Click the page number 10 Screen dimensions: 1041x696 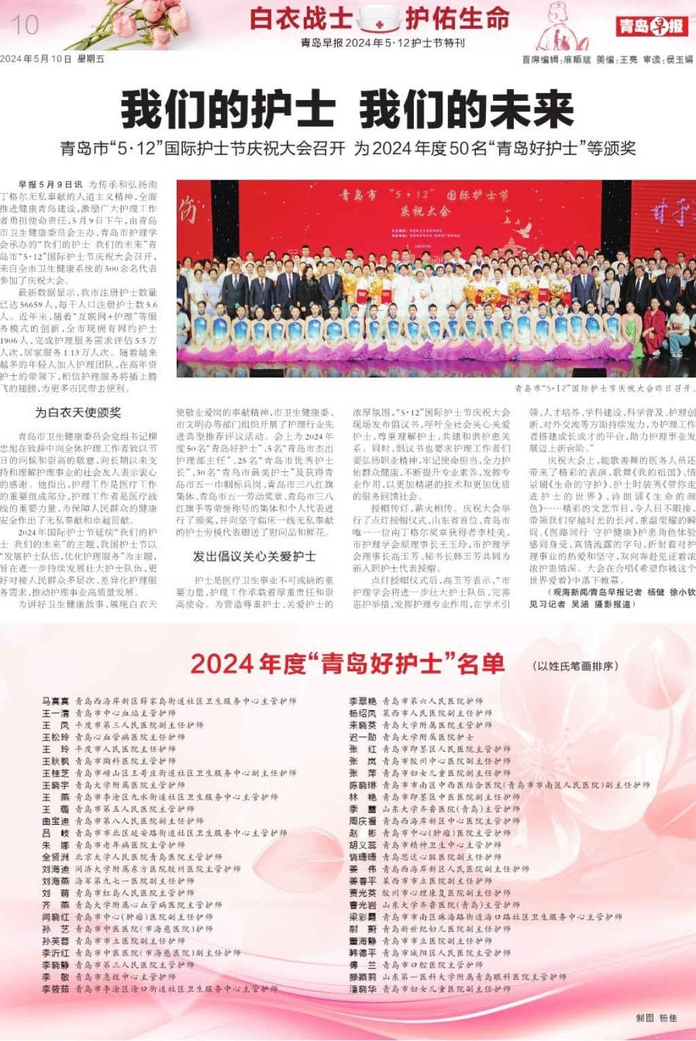pyautogui.click(x=24, y=26)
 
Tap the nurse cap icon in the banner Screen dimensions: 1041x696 pyautogui.click(x=379, y=19)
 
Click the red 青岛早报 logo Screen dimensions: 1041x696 pyautogui.click(x=652, y=27)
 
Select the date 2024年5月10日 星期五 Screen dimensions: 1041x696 pyautogui.click(x=52, y=59)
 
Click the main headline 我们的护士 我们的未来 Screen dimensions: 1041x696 pyautogui.click(x=347, y=111)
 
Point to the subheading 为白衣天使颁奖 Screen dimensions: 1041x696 pyautogui.click(x=78, y=412)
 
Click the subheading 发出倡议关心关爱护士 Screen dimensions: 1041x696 pyautogui.click(x=255, y=556)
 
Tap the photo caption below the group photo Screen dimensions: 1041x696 pyautogui.click(x=604, y=388)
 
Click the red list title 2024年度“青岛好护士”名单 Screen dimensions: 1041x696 pyautogui.click(x=347, y=664)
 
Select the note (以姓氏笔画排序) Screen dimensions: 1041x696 pyautogui.click(x=575, y=666)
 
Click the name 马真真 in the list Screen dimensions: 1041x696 pyautogui.click(x=56, y=700)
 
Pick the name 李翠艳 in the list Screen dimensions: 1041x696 pyautogui.click(x=363, y=700)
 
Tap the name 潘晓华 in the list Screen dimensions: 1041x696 pyautogui.click(x=363, y=989)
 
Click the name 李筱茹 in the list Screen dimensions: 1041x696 pyautogui.click(x=56, y=989)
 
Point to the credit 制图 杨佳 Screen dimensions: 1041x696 pyautogui.click(x=656, y=1018)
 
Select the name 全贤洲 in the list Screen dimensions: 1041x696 pyautogui.click(x=56, y=857)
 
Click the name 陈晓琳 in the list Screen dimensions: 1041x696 pyautogui.click(x=363, y=785)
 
